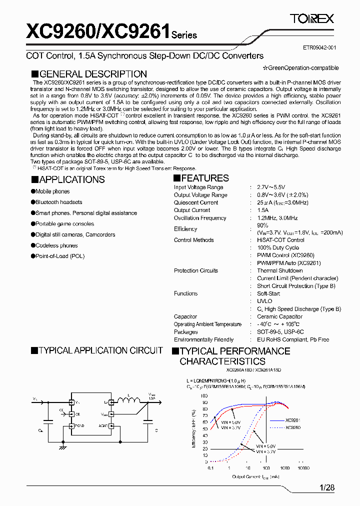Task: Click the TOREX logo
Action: pyautogui.click(x=312, y=19)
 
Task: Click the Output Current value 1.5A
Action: pyautogui.click(x=262, y=210)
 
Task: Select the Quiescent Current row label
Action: pyautogui.click(x=196, y=202)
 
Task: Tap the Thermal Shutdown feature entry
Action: pyautogui.click(x=279, y=270)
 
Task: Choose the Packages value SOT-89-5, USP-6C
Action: pyautogui.click(x=280, y=332)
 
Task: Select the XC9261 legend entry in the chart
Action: pyautogui.click(x=292, y=420)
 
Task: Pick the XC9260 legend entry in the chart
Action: pyautogui.click(x=292, y=427)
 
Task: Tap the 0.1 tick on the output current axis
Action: pyautogui.click(x=210, y=468)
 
